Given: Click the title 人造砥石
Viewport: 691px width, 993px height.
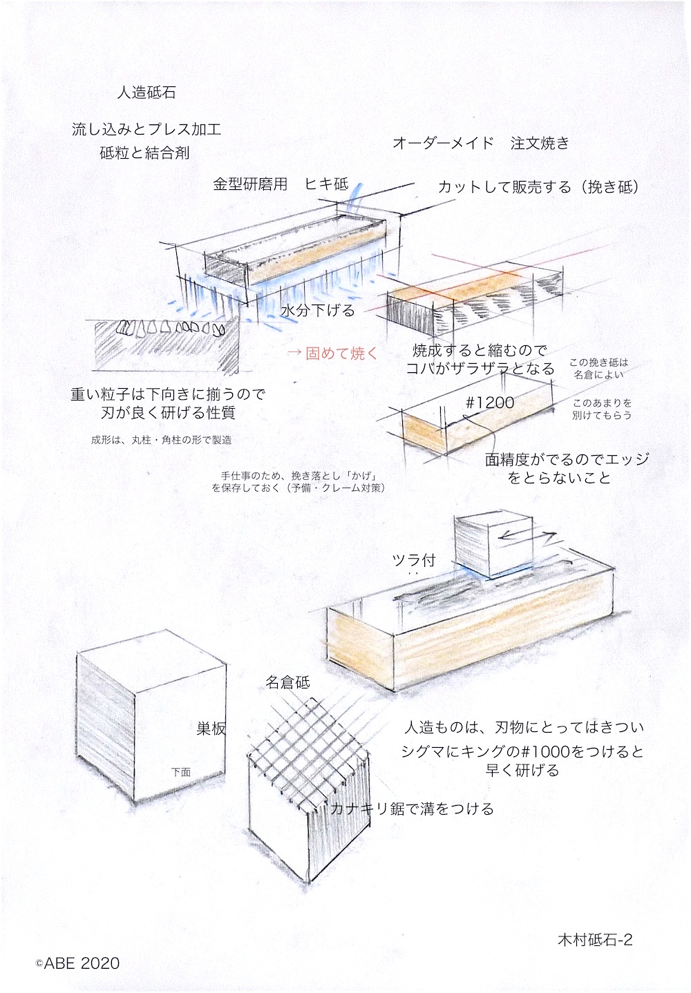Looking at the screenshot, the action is (146, 93).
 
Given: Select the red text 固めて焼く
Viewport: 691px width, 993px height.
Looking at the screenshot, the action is (341, 354).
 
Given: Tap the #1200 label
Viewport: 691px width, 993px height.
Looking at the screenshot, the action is (490, 403).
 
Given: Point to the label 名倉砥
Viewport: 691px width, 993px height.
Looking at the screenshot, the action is (287, 682).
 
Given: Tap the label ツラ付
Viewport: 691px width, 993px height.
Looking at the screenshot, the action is (414, 560).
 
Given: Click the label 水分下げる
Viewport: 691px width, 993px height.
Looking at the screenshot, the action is (318, 310).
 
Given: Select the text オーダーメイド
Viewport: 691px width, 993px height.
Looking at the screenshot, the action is (443, 143).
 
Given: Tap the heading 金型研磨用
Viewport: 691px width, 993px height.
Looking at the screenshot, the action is (250, 184).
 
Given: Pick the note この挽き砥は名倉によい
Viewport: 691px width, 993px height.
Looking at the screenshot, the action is (598, 368).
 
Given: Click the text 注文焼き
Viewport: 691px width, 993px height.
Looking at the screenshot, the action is (540, 143).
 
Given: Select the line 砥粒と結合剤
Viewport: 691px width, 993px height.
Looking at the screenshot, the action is (144, 153).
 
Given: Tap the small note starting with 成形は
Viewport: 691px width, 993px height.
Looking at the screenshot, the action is (162, 440).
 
